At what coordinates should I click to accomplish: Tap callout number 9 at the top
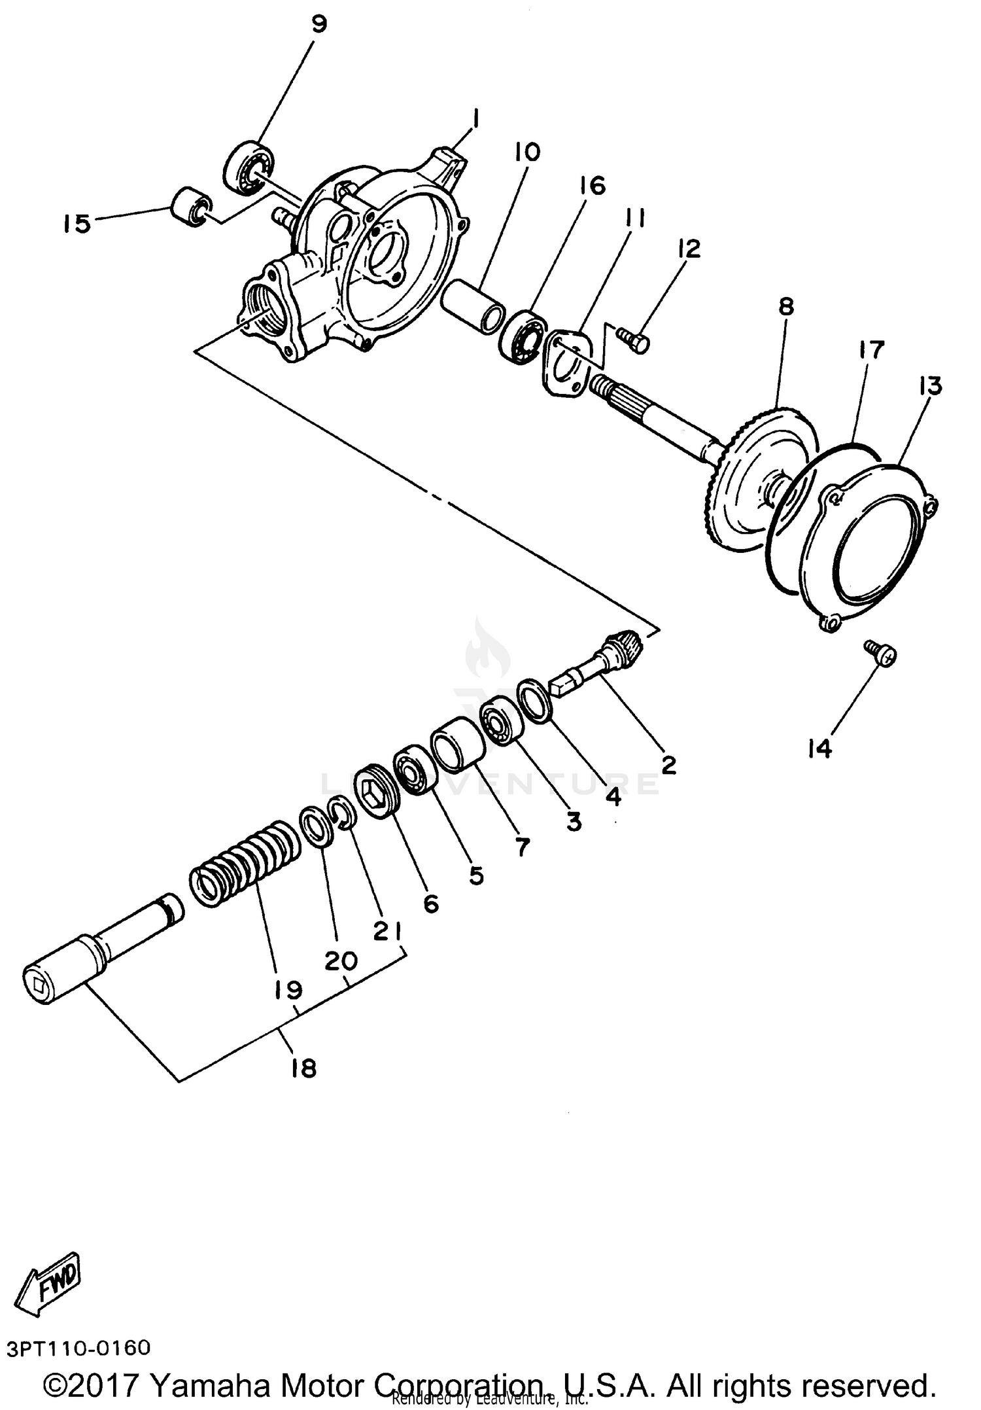tap(318, 25)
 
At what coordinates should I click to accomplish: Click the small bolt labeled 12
tap(634, 340)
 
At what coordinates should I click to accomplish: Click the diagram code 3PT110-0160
tap(78, 1348)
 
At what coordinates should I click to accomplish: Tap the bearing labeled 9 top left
tap(249, 167)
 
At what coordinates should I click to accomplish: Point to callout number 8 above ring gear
tap(786, 306)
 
